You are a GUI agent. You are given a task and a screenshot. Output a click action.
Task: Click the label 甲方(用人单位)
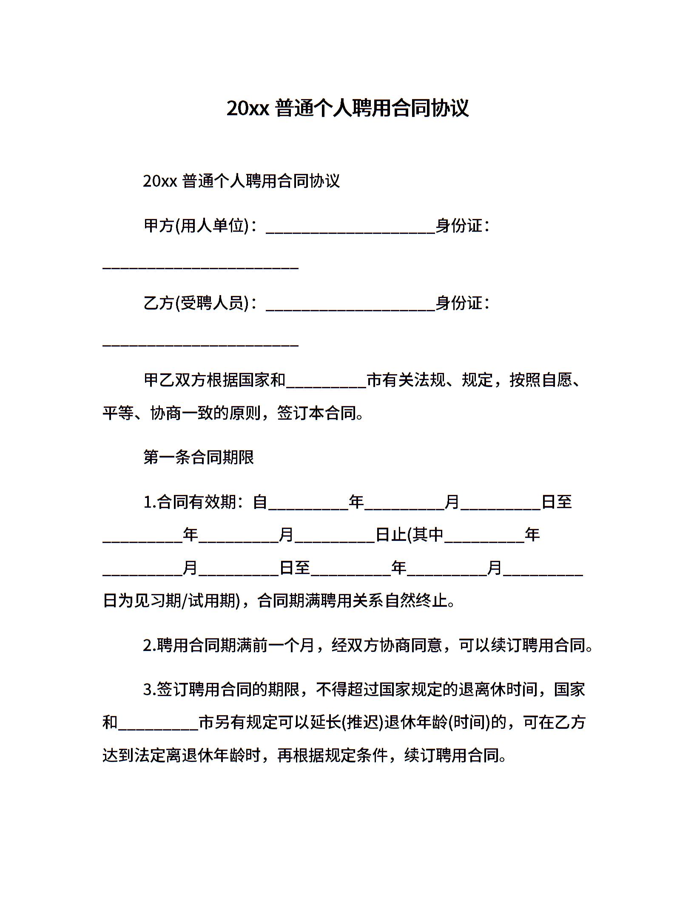coord(196,225)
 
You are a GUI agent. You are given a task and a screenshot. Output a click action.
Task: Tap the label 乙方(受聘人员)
coord(196,303)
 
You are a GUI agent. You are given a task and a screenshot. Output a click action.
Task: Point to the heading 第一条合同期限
coord(199,458)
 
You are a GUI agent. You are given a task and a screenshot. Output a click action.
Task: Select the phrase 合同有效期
coord(196,502)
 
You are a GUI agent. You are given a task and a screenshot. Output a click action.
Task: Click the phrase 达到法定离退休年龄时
coord(182,756)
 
